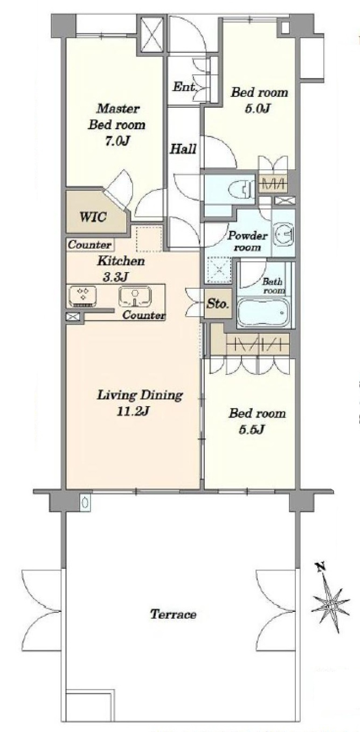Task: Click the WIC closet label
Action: (x=93, y=217)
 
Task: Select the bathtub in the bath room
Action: (x=263, y=312)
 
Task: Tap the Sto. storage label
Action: (x=217, y=304)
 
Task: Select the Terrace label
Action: (x=174, y=615)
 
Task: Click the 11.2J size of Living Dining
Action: (x=133, y=412)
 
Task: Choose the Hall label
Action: (x=183, y=149)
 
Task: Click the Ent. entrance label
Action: (x=184, y=87)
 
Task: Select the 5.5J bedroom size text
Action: (x=252, y=430)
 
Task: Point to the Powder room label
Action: (x=247, y=241)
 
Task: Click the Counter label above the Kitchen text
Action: (x=89, y=245)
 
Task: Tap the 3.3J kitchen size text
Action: (x=115, y=277)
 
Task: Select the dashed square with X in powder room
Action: (x=219, y=270)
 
